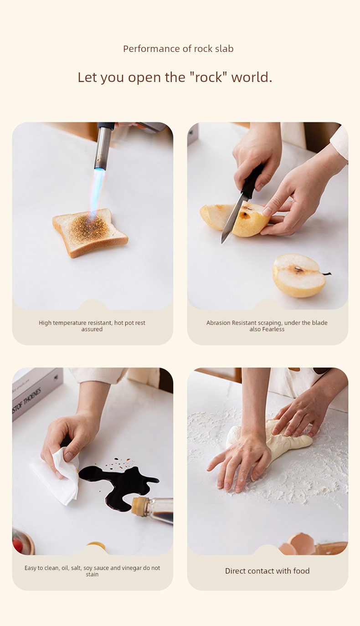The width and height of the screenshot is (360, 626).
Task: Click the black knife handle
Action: pos(252,181)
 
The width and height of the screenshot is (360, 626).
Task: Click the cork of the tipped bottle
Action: pos(139,506)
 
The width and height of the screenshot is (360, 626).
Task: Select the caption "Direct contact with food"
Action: pos(267,571)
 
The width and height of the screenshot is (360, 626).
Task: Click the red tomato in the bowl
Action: pos(18,545)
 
